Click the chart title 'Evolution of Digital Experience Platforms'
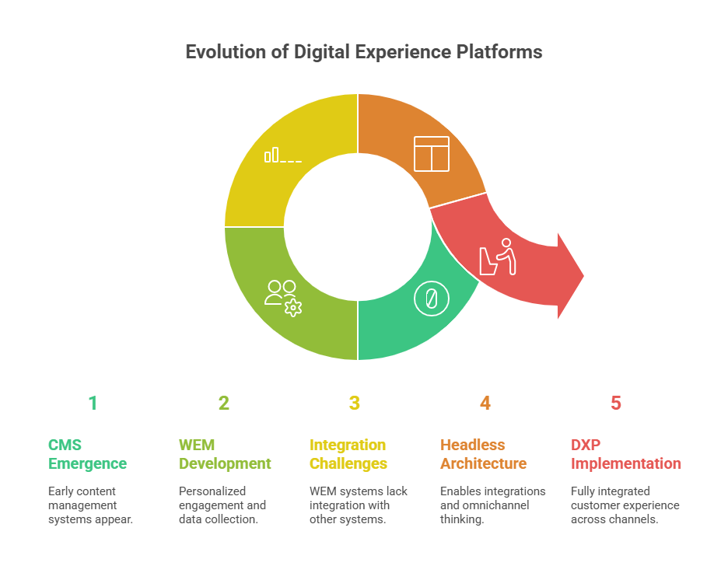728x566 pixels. [363, 53]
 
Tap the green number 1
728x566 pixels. [93, 403]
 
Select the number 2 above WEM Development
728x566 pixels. [224, 403]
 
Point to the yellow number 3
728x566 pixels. [355, 403]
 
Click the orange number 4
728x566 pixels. [485, 403]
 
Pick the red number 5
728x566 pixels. [616, 403]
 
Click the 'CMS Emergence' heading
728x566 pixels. [87, 454]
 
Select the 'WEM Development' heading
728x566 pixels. [225, 454]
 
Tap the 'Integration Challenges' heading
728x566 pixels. [348, 454]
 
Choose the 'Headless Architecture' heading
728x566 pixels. [483, 454]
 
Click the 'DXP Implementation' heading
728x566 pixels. [625, 454]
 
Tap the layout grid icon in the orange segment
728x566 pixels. [431, 153]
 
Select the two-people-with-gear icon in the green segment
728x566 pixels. [282, 296]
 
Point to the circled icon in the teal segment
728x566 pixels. [431, 299]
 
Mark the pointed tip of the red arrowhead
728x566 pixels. [583, 275]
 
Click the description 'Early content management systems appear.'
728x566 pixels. [90, 505]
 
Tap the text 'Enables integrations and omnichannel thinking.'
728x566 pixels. [492, 505]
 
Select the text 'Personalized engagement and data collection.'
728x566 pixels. [222, 505]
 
